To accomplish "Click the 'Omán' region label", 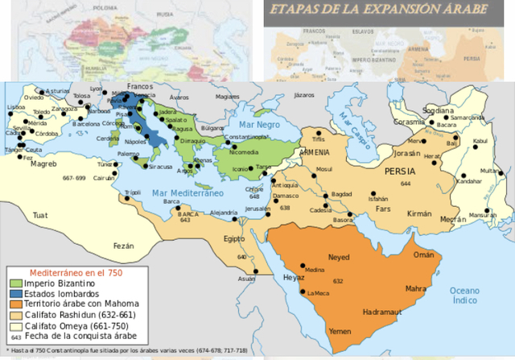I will click(x=423, y=254).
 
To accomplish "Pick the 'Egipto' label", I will click(x=234, y=239).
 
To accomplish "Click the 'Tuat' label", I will click(x=40, y=215).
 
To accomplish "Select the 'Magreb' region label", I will click(x=43, y=164).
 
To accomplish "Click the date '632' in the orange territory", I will click(x=339, y=281).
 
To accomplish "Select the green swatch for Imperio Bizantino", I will click(x=16, y=284).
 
